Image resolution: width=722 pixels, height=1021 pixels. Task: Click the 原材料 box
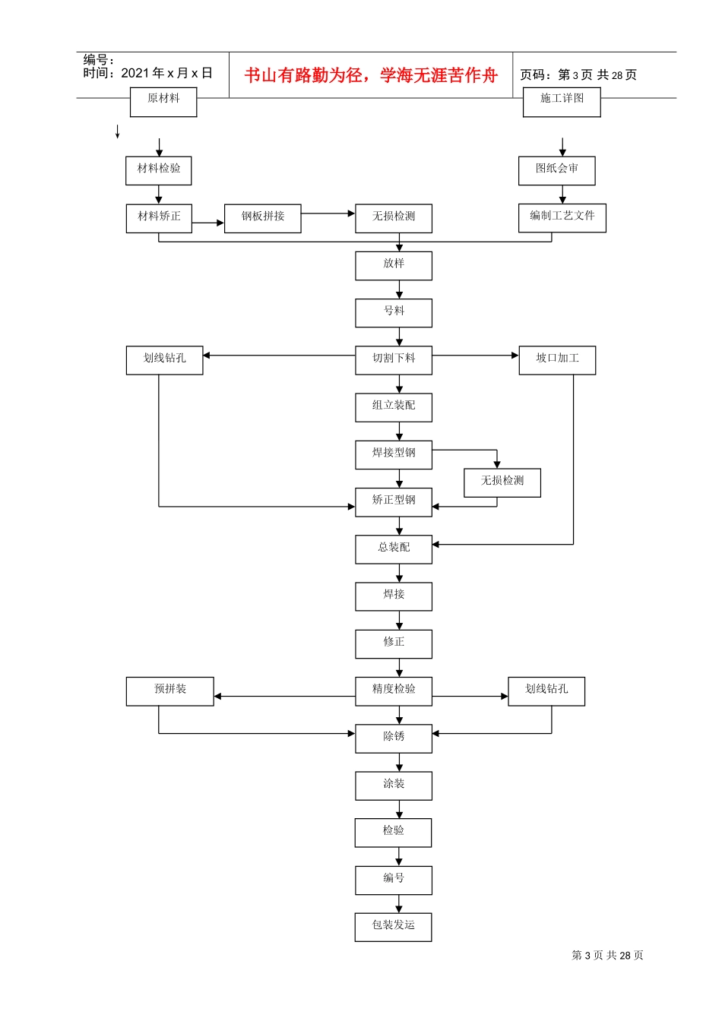point(163,102)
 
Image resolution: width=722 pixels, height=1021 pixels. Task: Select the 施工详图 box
point(562,102)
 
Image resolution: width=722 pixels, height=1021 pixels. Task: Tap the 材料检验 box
point(159,170)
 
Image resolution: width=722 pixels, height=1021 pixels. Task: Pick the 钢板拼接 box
point(263,218)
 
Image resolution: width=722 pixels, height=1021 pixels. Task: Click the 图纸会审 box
point(556,170)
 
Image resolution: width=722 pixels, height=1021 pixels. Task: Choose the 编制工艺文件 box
point(562,217)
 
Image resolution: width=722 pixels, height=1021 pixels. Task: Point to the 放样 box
point(394,265)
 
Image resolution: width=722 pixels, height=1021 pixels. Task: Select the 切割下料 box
point(394,360)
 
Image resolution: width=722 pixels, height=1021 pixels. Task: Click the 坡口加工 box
point(557,360)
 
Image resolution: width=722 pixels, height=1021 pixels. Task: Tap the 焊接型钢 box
point(394,454)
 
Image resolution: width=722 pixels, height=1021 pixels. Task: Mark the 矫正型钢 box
point(394,502)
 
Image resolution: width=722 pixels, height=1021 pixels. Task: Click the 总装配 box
point(394,549)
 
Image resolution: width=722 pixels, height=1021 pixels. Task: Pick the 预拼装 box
point(169,691)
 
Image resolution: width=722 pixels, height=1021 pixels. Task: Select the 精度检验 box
point(394,691)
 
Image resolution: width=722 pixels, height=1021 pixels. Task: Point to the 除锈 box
point(394,738)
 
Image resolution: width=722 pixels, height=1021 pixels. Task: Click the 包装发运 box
point(393,927)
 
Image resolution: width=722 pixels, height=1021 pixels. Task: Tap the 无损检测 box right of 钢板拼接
point(394,218)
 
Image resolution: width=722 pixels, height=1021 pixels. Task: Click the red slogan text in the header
point(371,75)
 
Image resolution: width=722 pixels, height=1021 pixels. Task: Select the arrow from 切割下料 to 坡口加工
point(475,356)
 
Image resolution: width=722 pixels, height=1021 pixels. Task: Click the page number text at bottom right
point(607,955)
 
